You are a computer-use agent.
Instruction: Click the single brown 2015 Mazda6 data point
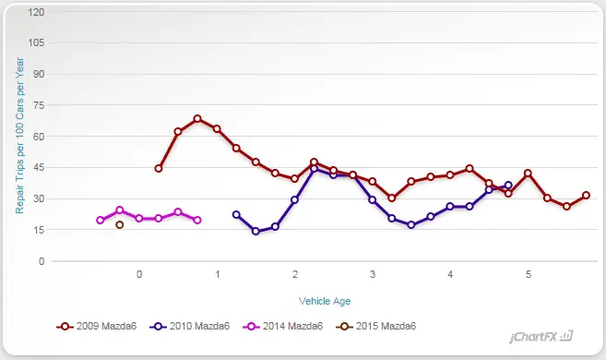click(x=119, y=224)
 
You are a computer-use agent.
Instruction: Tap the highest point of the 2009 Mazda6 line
click(x=197, y=118)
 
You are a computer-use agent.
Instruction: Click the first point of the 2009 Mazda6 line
click(x=159, y=168)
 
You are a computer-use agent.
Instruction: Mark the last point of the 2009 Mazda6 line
click(x=586, y=196)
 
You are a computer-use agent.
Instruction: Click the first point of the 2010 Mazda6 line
click(x=236, y=214)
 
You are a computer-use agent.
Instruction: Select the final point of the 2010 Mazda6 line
click(x=508, y=186)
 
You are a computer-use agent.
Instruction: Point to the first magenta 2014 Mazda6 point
click(x=100, y=220)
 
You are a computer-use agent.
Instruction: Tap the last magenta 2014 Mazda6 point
click(x=197, y=220)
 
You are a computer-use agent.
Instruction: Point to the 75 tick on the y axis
click(x=39, y=105)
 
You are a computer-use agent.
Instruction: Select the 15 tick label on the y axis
click(x=39, y=230)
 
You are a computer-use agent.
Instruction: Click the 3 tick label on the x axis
click(x=372, y=275)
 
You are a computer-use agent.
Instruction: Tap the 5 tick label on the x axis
click(x=528, y=275)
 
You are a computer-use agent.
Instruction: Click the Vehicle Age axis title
click(x=324, y=301)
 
